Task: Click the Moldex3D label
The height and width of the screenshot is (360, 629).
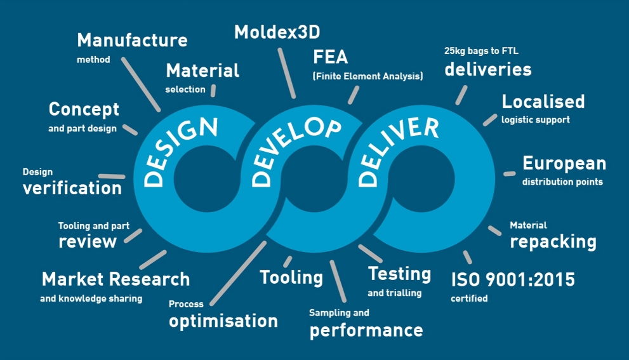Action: (x=277, y=32)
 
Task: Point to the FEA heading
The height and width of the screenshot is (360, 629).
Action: (x=330, y=57)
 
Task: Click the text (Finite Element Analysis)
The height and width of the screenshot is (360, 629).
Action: (x=368, y=76)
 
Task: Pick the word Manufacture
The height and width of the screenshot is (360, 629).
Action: (x=133, y=40)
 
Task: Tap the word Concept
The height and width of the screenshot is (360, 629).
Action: (x=84, y=110)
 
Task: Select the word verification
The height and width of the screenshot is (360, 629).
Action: (x=72, y=188)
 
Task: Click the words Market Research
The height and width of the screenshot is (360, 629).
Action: (x=116, y=279)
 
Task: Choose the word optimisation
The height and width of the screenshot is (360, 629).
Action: (x=223, y=321)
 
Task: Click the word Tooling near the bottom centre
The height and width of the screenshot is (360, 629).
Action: (x=291, y=277)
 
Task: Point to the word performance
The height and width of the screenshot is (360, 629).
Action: (x=366, y=331)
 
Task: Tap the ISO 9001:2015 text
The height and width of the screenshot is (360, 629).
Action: (x=513, y=280)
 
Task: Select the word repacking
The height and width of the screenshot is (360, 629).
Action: (x=553, y=242)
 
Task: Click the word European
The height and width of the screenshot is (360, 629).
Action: (x=564, y=164)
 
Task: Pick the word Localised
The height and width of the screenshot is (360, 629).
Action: (x=543, y=102)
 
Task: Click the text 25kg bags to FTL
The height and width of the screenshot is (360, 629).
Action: (x=481, y=51)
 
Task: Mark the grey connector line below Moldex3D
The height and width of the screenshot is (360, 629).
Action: (x=287, y=73)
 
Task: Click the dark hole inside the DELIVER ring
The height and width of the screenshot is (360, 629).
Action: (x=421, y=179)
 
